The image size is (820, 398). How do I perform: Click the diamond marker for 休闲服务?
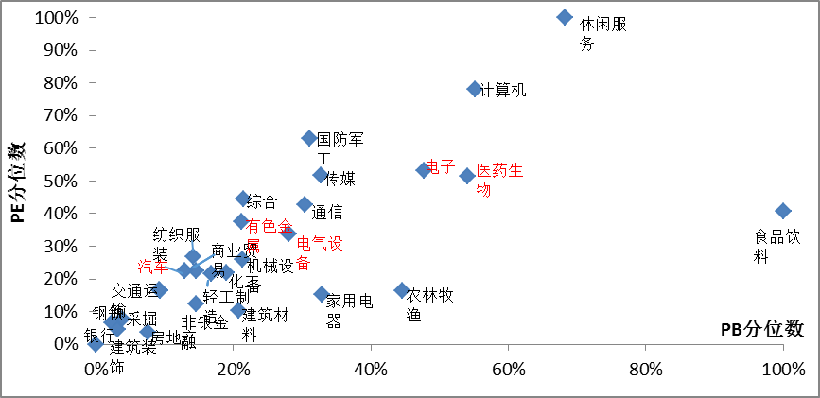click(x=565, y=17)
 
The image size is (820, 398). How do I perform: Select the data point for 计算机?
click(x=475, y=89)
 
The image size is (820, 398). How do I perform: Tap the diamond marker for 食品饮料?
click(x=782, y=211)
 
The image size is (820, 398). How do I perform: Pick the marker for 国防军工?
click(x=308, y=139)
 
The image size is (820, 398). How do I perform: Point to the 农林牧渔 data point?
click(x=402, y=290)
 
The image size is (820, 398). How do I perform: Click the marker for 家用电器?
click(x=322, y=294)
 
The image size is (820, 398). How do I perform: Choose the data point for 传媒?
click(x=321, y=175)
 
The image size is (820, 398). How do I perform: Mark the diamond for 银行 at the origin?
click(x=96, y=344)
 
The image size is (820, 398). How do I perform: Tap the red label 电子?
click(x=441, y=167)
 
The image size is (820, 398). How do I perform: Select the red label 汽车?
click(x=151, y=268)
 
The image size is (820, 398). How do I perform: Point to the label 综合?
click(x=262, y=200)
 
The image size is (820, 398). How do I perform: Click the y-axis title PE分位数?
click(x=17, y=182)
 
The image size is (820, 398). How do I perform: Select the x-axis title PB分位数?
click(x=761, y=328)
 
